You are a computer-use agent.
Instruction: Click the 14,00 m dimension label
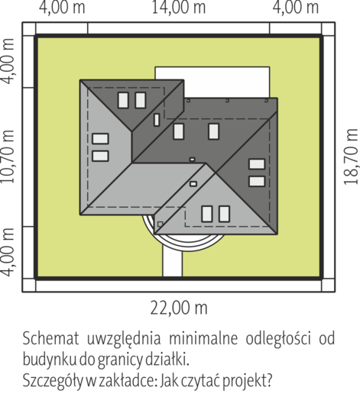coord(179,8)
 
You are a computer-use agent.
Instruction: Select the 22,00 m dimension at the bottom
coord(179,308)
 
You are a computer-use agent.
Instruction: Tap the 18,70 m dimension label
coord(351,157)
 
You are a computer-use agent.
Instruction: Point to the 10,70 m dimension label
coord(8,157)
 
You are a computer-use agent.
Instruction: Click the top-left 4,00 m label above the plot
coord(62,8)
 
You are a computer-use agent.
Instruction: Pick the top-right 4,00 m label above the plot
coord(296,8)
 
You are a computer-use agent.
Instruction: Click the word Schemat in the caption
coord(51,339)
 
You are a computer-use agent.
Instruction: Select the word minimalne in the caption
coord(203,339)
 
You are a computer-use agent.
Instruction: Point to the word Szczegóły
coord(53,382)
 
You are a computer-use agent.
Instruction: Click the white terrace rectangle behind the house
coord(212,82)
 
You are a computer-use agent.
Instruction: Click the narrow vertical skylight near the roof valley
coord(157,120)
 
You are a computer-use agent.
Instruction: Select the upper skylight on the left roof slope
coord(100,139)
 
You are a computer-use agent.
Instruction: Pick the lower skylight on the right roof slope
coord(257,181)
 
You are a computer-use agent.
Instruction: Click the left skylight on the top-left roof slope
coord(123,100)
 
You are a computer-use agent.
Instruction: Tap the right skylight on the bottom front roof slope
coord(224,214)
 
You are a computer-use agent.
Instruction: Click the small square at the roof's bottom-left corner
coord(160,224)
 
